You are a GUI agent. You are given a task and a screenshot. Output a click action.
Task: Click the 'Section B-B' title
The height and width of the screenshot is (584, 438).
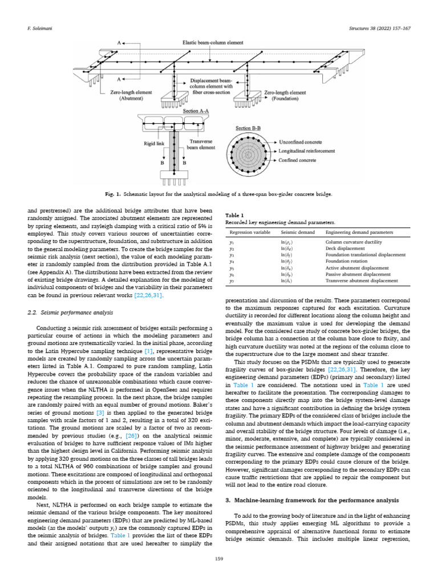point(249,129)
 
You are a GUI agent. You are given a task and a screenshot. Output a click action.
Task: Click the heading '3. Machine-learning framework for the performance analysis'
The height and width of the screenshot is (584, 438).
point(313,500)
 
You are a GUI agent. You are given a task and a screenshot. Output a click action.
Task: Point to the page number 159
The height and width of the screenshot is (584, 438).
point(218,558)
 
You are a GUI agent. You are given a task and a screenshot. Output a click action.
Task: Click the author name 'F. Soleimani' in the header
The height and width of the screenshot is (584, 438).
point(39,27)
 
